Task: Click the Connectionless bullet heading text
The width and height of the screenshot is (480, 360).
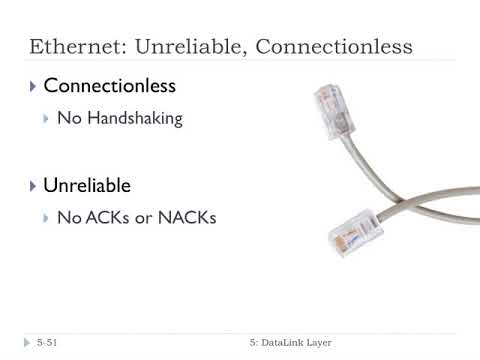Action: (109, 86)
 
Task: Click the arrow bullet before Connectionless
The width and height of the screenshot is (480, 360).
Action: (34, 87)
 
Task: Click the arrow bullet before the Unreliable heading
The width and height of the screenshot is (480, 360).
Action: (34, 187)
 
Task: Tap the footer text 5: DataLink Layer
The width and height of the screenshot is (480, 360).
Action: (291, 343)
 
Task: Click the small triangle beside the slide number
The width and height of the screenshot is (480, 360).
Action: (27, 343)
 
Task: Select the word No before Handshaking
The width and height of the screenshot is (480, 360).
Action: (68, 119)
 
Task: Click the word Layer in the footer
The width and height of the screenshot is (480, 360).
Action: (316, 343)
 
